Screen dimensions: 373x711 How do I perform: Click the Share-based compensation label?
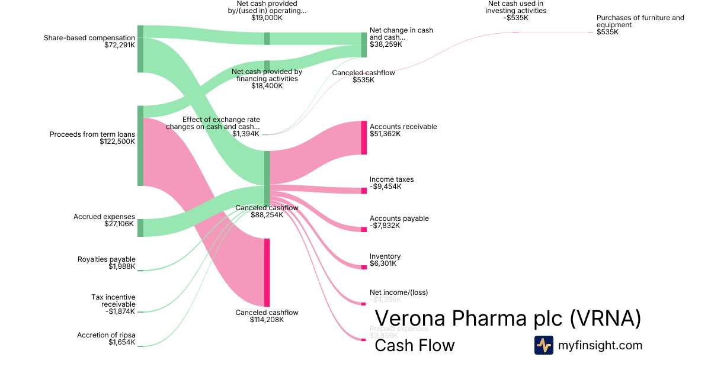point(89,38)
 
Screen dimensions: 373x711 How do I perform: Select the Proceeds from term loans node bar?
point(140,146)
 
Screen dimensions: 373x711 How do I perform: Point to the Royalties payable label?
point(107,259)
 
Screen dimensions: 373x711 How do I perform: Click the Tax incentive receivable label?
point(113,300)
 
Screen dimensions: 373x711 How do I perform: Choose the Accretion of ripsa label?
point(106,335)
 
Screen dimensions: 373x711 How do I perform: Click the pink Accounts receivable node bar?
point(364,138)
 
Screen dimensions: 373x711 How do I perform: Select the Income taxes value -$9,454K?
point(386,186)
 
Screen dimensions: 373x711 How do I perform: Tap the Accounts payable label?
point(399,218)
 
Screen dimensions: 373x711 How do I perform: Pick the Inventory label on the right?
point(385,256)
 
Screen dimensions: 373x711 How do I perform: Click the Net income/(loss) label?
point(399,292)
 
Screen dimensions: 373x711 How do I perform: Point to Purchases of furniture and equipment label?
point(640,21)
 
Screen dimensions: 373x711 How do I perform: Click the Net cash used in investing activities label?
point(515,7)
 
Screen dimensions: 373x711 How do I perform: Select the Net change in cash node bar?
point(364,45)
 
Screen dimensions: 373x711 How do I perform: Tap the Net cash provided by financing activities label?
point(267,75)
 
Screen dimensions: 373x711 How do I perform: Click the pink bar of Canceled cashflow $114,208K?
point(267,272)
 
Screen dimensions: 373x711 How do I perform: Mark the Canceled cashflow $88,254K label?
point(267,208)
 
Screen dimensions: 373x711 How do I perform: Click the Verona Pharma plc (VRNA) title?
point(508,319)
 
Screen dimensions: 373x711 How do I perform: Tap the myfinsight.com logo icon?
point(543,345)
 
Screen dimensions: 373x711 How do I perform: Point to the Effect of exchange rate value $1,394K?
point(246,134)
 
